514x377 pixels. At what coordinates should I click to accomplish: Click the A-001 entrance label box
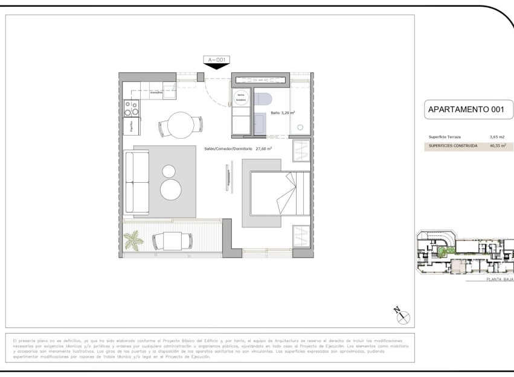(216, 60)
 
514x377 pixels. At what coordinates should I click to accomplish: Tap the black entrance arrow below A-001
(216, 66)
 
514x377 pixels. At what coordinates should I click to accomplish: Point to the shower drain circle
(300, 127)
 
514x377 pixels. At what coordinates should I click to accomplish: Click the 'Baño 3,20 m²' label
(283, 113)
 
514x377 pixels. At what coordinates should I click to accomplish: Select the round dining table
(180, 125)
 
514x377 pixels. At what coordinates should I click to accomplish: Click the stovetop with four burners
(131, 108)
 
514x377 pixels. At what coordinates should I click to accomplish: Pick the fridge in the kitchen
(131, 125)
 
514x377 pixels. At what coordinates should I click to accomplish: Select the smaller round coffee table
(169, 171)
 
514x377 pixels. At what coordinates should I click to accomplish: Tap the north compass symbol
(402, 315)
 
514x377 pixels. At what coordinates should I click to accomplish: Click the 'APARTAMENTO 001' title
(466, 110)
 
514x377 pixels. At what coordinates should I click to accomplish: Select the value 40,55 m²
(498, 146)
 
